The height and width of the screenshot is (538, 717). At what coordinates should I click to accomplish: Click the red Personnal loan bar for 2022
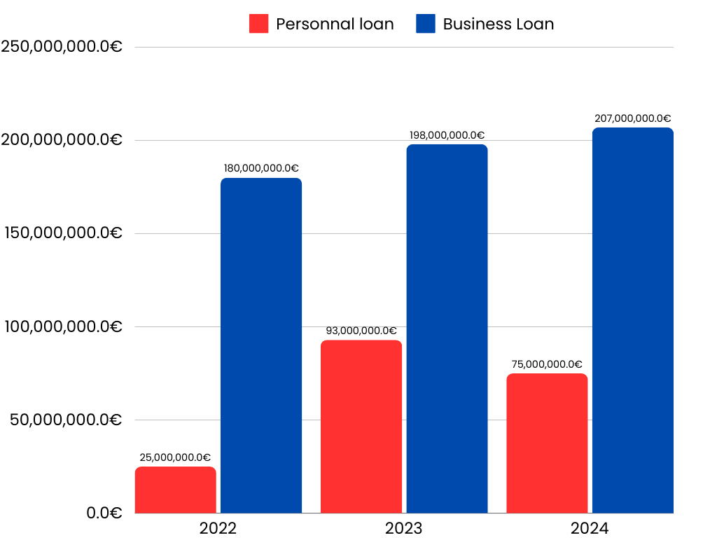pos(175,490)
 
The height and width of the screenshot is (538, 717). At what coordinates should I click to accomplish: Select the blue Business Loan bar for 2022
pos(261,345)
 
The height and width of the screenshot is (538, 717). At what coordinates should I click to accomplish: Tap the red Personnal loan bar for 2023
pos(361,427)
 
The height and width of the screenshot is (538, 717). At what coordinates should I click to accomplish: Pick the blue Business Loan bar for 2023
pos(447,329)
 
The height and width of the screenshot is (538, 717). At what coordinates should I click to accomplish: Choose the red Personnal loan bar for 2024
pos(547,443)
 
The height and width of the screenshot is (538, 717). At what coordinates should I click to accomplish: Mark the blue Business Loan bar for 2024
pos(632,320)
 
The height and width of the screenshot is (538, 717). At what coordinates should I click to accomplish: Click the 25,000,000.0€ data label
pos(175,457)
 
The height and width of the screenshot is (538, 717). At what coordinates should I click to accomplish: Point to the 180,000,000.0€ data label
pos(261,168)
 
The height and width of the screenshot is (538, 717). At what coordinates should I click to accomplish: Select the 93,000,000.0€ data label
pos(361,331)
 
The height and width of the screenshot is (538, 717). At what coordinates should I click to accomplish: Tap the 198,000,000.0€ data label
pos(447,135)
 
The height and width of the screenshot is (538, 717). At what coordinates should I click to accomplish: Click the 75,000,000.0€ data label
pos(547,364)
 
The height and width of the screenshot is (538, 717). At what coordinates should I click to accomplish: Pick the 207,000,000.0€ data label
pos(632,118)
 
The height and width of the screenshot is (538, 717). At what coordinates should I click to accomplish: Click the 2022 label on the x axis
pos(218,528)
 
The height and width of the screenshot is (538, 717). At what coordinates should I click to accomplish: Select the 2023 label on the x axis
pos(404,528)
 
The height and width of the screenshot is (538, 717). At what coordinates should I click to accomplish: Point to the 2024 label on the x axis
pos(590,528)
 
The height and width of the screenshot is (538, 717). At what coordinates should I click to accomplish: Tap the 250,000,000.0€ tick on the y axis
pos(62,47)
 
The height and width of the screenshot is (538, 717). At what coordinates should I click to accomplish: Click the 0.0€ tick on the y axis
pos(104,513)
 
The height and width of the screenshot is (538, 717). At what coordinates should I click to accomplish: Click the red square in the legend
pos(258,24)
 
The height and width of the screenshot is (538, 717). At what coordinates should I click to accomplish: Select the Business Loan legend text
pos(498,24)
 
